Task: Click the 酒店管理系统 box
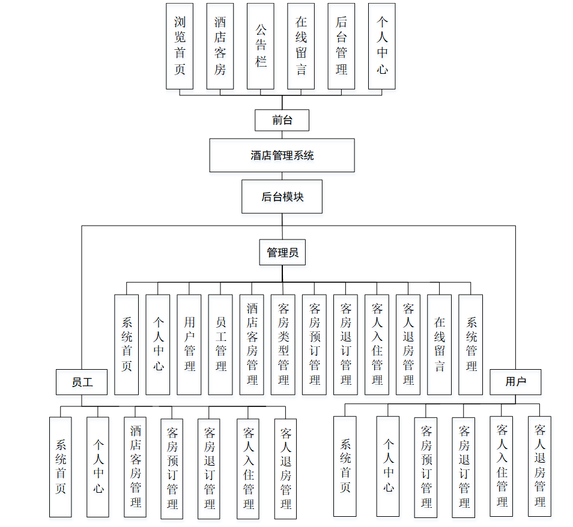point(282,155)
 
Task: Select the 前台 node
point(282,120)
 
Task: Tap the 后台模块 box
point(282,196)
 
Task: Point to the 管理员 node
point(282,253)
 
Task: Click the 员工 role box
point(82,382)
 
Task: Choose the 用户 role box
point(515,382)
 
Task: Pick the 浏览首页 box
point(180,46)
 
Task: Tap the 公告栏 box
point(261,46)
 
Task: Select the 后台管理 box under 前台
point(341,46)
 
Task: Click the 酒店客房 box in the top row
point(220,46)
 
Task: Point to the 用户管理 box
point(189,345)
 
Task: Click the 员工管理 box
point(220,345)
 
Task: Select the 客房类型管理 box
point(283,345)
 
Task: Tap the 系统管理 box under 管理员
point(470,345)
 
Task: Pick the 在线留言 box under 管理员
point(439,345)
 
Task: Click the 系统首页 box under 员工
point(61,467)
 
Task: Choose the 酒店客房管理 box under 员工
point(136,467)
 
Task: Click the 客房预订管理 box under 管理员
point(314,345)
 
